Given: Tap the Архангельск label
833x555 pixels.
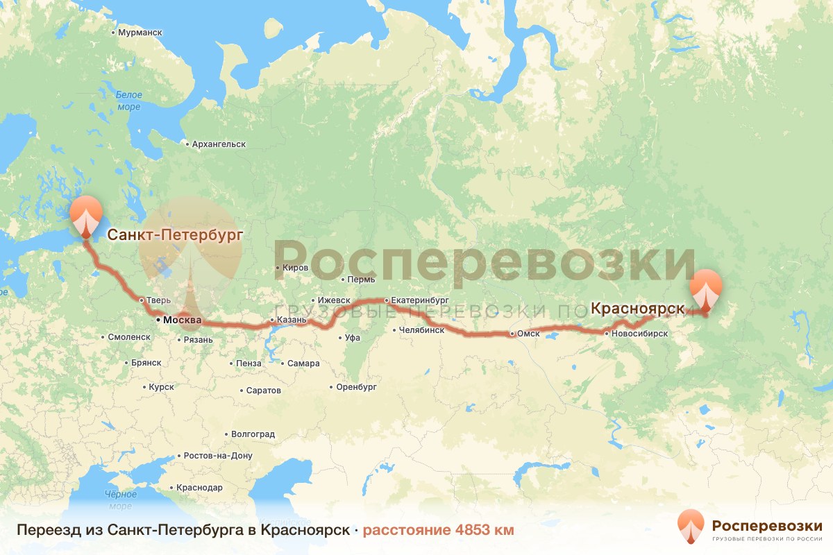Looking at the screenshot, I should [218, 144].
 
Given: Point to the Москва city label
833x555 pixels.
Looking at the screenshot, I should [181, 321].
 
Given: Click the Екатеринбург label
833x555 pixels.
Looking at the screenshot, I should [421, 300].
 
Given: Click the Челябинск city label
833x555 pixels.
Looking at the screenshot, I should [421, 330].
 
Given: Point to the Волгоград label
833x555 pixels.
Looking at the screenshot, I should [253, 434].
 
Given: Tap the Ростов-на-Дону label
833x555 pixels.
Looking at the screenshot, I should [217, 456].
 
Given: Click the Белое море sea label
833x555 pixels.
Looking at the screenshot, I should [128, 101].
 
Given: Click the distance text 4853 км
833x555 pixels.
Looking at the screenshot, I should [485, 531].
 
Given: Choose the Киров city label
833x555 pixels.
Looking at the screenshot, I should [294, 267].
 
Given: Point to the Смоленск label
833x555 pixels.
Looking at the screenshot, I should [128, 337].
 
